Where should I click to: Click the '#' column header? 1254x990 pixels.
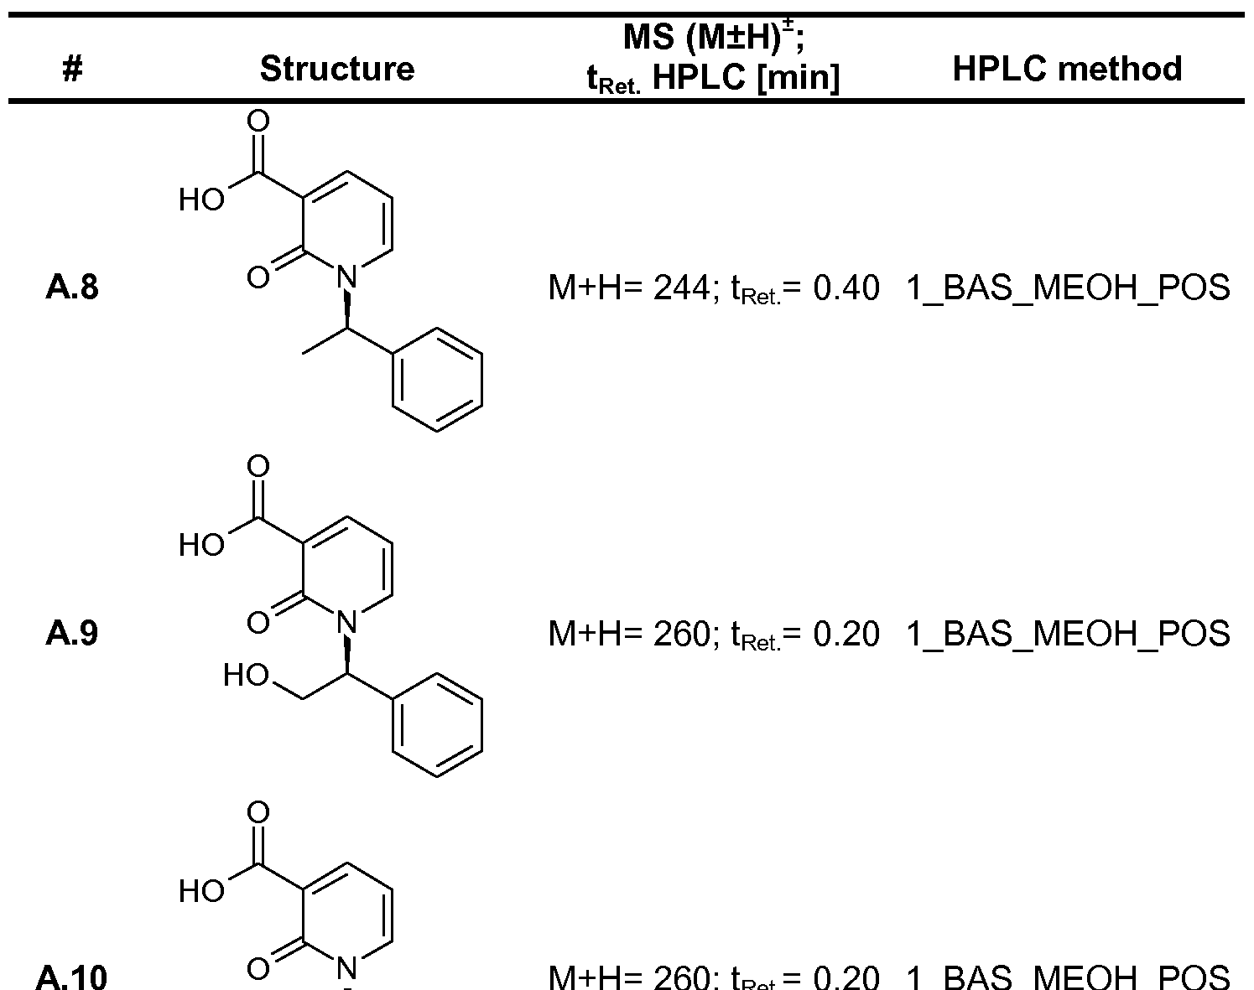click(x=73, y=70)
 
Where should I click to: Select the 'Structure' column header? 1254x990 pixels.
click(x=337, y=69)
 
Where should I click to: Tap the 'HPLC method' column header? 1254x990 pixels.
click(x=1068, y=69)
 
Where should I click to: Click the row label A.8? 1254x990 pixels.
click(x=72, y=288)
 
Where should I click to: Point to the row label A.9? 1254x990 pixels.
click(x=72, y=634)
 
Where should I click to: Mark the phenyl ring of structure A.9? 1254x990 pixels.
click(x=438, y=726)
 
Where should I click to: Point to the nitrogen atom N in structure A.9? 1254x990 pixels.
click(x=347, y=621)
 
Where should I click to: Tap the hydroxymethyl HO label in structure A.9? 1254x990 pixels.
click(x=244, y=676)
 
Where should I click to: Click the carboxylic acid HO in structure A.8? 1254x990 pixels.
click(x=200, y=201)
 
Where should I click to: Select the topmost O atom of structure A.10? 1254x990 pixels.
click(x=259, y=812)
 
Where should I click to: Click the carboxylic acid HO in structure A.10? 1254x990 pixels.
click(x=200, y=891)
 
